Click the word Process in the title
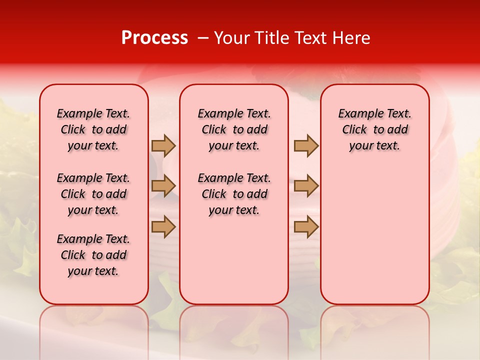point(154,38)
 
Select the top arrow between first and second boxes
point(163,145)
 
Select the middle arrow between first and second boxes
point(163,186)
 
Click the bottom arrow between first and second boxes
point(163,226)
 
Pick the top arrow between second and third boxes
point(306,145)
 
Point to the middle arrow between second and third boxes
point(306,186)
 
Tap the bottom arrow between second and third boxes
point(306,226)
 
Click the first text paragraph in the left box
point(93,129)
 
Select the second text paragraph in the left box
point(93,194)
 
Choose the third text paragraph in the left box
point(93,255)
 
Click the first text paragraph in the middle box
point(234,129)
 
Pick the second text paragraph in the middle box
point(234,194)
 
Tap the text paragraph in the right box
point(374,129)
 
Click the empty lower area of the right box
point(374,235)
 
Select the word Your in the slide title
point(231,38)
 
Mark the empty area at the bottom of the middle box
point(234,265)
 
